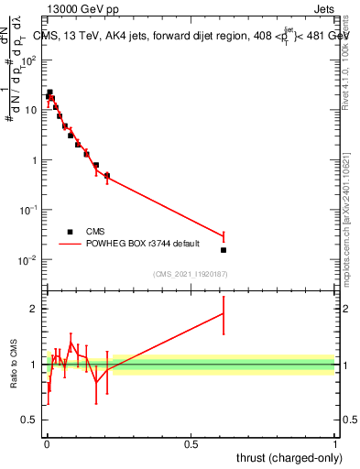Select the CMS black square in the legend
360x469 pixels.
[70, 232]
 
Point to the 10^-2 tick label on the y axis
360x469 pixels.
[30, 260]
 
